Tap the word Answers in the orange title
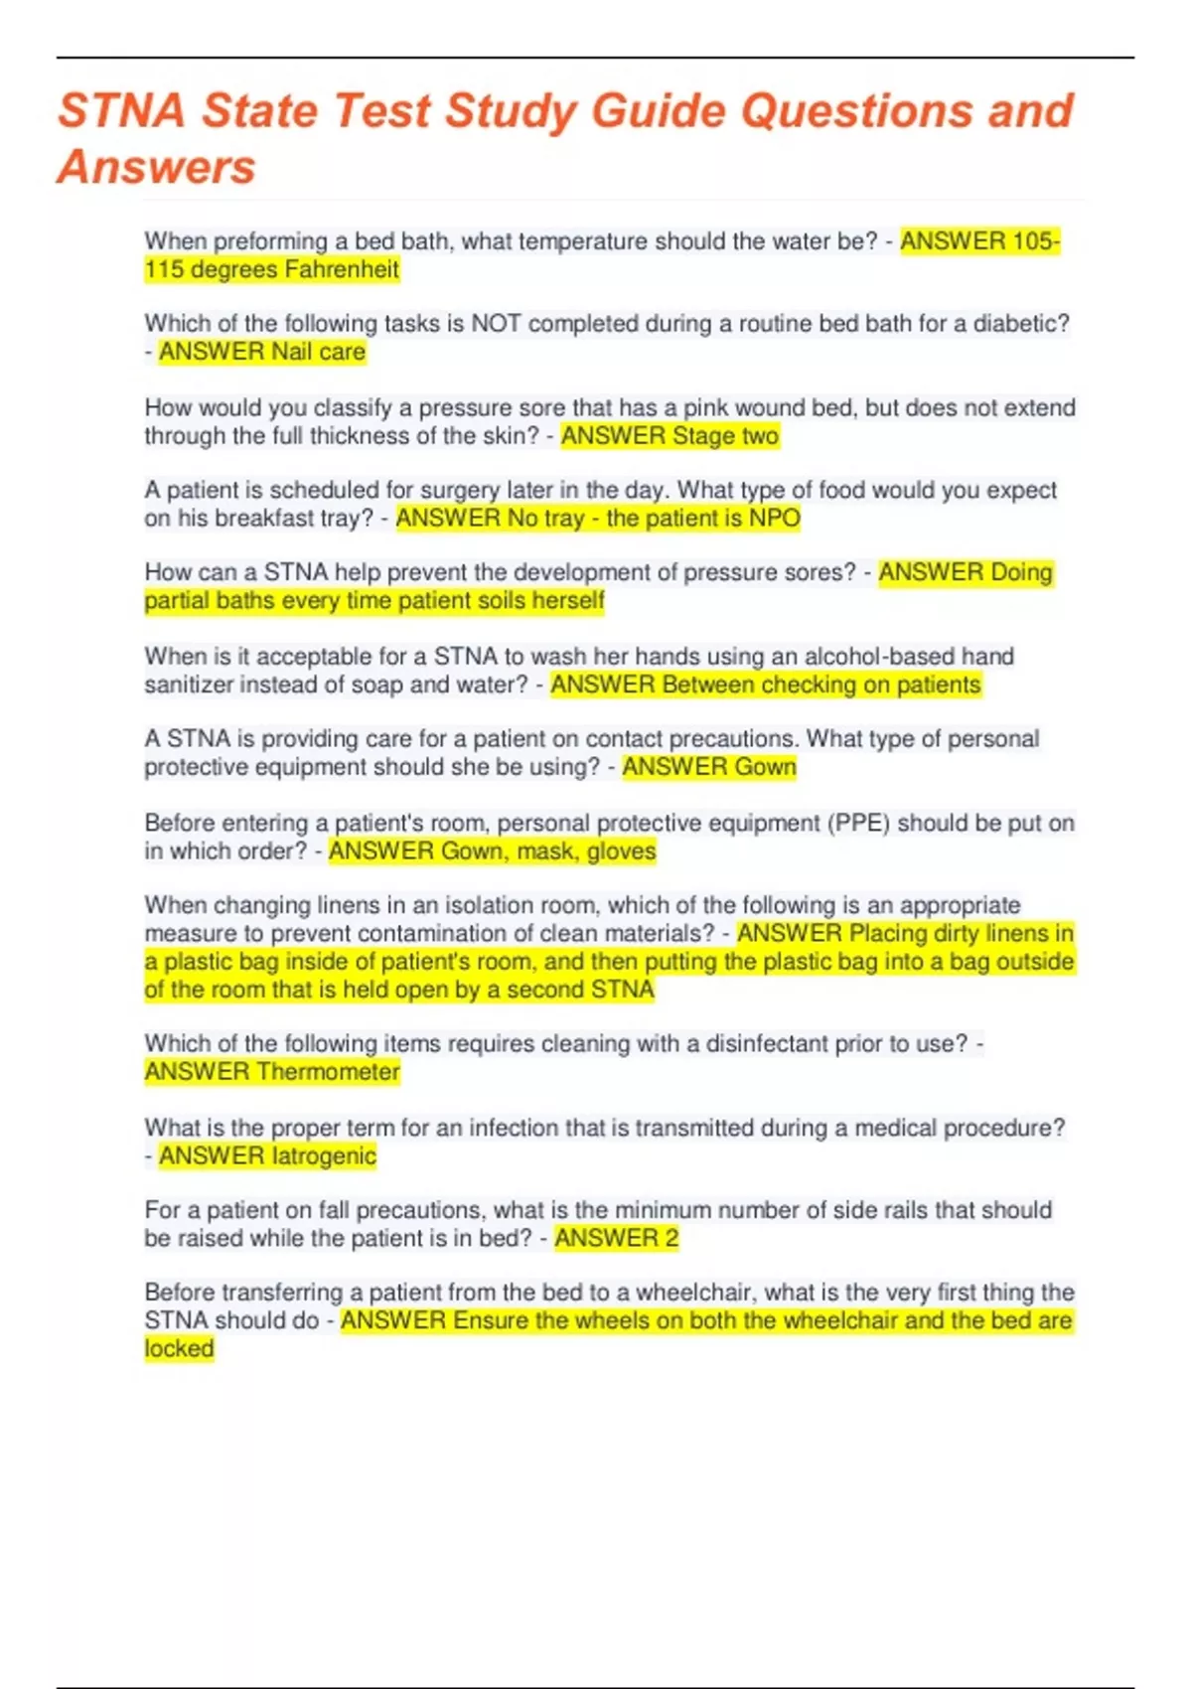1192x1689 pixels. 156,167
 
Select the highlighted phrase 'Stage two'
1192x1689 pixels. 725,436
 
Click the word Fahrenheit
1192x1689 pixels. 342,270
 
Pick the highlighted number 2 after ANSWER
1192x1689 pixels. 671,1239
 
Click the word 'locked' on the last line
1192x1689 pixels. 179,1349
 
